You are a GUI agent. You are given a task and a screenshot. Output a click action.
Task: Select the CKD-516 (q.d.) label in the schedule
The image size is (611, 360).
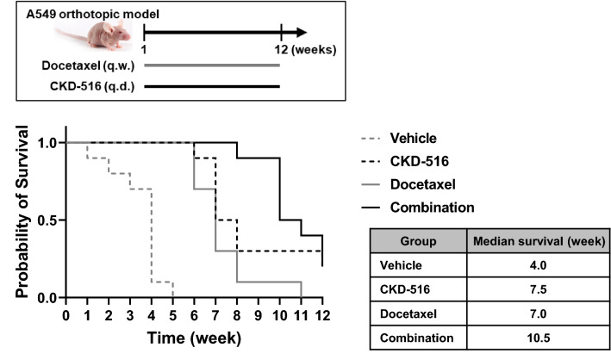pos(89,85)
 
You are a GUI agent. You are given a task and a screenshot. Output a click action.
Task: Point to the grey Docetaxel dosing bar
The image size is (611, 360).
pos(211,65)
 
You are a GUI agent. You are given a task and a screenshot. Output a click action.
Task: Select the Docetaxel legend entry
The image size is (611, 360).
pos(421,184)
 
